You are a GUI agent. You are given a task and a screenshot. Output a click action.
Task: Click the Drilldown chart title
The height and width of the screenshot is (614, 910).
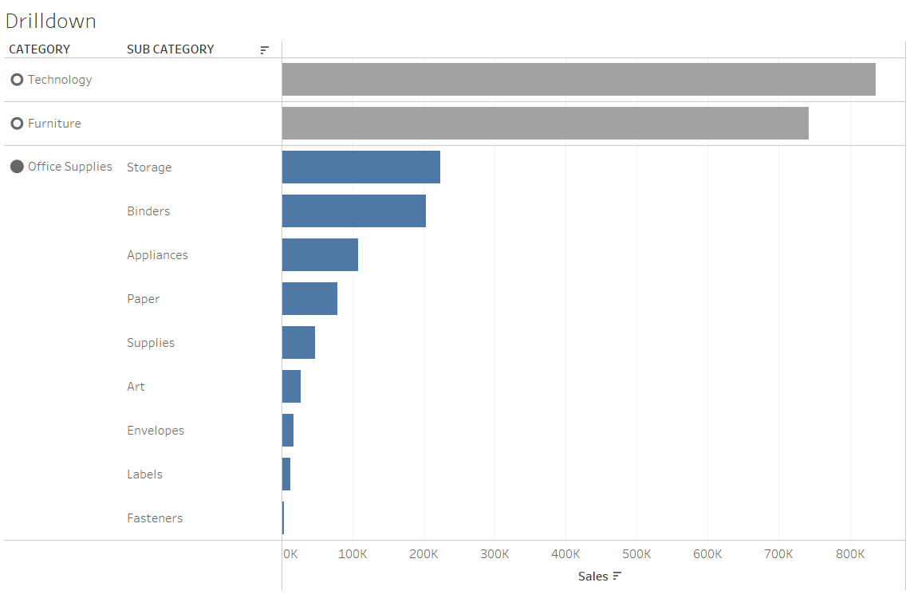click(x=50, y=22)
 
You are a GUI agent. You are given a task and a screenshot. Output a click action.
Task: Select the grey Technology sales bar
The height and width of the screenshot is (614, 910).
click(x=578, y=80)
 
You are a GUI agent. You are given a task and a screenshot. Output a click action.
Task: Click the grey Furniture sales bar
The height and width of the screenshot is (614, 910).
click(x=545, y=124)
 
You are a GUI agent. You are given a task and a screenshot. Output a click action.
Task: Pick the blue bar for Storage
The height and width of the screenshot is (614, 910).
click(x=360, y=167)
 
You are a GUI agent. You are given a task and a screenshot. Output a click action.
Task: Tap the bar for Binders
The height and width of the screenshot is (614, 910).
click(x=353, y=211)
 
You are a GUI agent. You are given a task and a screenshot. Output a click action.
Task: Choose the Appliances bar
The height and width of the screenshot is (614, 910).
click(x=320, y=255)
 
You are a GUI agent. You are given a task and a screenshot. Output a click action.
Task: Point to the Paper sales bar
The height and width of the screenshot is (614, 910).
click(x=309, y=299)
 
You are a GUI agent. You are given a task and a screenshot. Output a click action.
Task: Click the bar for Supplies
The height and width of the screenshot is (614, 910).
click(x=298, y=343)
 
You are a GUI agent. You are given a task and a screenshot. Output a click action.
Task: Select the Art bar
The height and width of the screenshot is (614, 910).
click(x=291, y=387)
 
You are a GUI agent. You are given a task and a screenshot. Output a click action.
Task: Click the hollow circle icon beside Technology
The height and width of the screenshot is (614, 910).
click(x=17, y=80)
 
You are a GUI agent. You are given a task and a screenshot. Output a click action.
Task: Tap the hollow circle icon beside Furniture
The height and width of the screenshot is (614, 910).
click(x=17, y=124)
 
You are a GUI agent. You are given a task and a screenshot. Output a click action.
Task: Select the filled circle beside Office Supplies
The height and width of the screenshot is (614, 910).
click(x=17, y=167)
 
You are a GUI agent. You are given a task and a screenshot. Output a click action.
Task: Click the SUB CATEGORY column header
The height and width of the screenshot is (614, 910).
click(x=170, y=49)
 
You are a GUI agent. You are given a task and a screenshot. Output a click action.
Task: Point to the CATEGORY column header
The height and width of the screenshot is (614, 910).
click(x=39, y=49)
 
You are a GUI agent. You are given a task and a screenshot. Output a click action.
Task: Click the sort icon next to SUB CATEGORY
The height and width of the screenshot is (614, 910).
click(x=265, y=50)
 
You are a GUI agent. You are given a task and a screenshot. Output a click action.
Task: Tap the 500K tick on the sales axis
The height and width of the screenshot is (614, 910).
click(x=636, y=554)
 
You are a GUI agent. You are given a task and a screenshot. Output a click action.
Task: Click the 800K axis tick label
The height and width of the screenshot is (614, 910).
click(x=850, y=554)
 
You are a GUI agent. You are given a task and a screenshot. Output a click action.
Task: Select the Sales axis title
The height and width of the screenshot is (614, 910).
click(x=593, y=577)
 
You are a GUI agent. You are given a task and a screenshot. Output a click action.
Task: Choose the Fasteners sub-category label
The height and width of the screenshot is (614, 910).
click(x=155, y=518)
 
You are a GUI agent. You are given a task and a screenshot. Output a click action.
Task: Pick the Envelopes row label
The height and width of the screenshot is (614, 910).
click(x=156, y=431)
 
